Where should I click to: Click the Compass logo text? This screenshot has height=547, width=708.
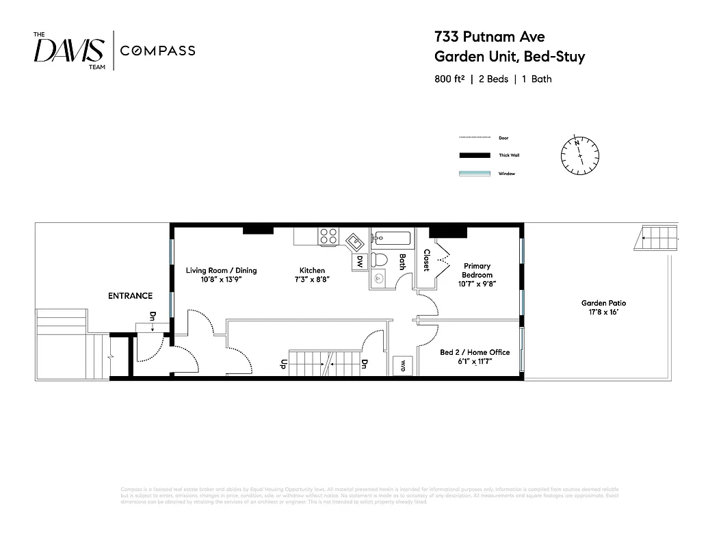(x=157, y=51)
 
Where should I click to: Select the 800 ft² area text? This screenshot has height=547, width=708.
(x=449, y=79)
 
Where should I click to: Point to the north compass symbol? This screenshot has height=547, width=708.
(x=580, y=155)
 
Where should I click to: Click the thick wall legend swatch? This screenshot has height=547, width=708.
(x=474, y=155)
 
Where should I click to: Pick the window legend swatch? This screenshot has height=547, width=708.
(x=474, y=174)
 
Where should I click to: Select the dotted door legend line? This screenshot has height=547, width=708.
(x=474, y=138)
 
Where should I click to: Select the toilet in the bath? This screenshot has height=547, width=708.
(x=381, y=261)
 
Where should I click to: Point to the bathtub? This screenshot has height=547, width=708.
(x=391, y=239)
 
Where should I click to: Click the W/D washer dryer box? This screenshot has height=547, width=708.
(x=402, y=364)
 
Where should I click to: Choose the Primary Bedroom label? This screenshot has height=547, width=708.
(x=477, y=270)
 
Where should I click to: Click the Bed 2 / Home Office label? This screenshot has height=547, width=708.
(x=474, y=356)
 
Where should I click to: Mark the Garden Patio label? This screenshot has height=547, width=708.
(x=603, y=307)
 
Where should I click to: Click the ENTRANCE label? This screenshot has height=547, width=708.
(x=130, y=296)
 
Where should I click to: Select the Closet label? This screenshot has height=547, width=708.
(x=426, y=260)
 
